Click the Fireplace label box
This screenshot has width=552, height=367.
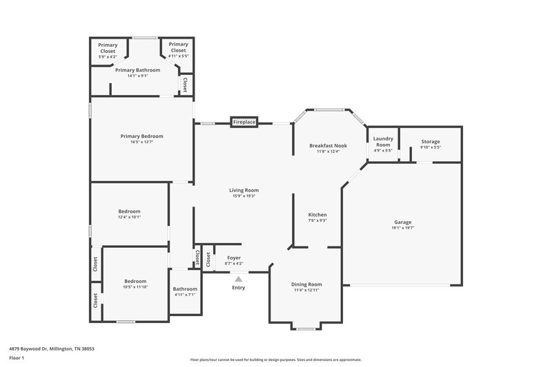coord(244,122)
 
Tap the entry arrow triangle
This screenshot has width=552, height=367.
coord(239,279)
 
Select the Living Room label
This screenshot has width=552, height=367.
coord(244,190)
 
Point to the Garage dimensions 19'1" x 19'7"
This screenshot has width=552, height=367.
coord(403,228)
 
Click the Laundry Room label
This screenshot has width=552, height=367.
coord(383,142)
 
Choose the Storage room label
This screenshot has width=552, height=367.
coord(431,142)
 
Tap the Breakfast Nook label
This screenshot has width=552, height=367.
coord(328,145)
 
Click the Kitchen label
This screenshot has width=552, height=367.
coord(317,215)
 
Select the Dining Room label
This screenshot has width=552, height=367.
coord(306,284)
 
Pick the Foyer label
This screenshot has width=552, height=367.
coord(235,258)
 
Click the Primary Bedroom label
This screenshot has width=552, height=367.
coord(141,136)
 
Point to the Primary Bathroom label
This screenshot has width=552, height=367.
coord(138,70)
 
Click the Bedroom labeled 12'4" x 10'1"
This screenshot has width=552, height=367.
coord(129,211)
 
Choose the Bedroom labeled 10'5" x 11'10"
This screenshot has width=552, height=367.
coord(135,281)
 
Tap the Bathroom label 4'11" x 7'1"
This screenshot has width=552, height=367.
coord(185,289)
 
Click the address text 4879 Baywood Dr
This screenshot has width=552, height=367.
coord(52,348)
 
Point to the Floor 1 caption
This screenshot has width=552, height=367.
coord(17,358)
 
